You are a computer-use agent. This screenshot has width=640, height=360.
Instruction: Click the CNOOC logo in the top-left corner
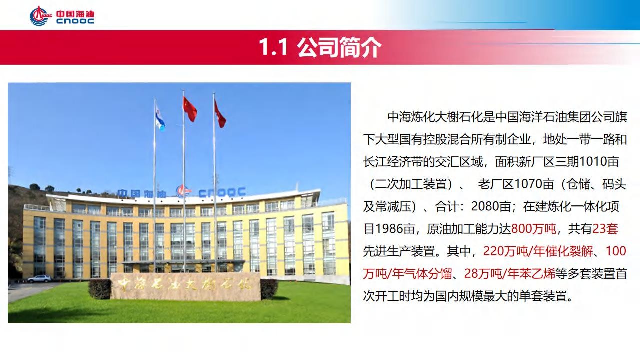point(62,16)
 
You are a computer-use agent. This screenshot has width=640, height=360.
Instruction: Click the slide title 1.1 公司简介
point(320,47)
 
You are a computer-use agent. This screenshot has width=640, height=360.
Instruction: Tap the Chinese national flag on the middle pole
point(190,109)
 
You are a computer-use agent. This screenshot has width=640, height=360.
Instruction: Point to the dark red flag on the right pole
point(220,115)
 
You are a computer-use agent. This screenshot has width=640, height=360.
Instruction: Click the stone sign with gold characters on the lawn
point(185,286)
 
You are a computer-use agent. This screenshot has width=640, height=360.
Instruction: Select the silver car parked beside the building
point(39,279)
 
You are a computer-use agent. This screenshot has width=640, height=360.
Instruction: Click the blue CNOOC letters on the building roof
point(222,192)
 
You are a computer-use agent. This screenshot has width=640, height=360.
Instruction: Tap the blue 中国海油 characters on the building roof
point(142,194)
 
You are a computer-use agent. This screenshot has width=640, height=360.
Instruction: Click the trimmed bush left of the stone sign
point(99,289)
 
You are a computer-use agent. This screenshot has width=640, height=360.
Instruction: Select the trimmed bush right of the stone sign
point(269,289)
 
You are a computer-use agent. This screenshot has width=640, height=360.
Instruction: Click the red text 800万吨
point(534,229)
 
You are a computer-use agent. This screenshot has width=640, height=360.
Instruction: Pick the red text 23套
point(605,229)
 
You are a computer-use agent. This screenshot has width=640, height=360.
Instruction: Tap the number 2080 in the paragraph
point(485,206)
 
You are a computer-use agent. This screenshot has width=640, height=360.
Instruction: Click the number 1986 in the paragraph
point(389,229)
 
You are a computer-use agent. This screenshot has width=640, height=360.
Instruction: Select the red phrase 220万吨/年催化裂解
point(538,251)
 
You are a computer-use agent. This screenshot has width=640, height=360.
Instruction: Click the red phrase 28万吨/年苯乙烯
point(509,273)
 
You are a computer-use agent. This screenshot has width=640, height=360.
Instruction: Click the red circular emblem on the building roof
point(182,191)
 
